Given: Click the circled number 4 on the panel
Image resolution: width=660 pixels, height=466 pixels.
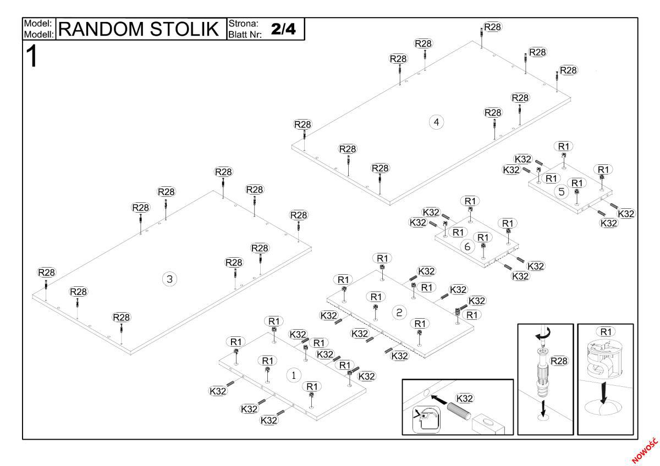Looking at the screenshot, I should click(x=436, y=122).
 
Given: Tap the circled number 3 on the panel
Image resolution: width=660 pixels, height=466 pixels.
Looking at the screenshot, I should click(x=169, y=279).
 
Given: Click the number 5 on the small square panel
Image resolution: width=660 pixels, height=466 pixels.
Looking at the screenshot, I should click(x=561, y=192).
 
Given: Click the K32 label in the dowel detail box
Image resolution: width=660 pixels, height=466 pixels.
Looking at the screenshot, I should click(x=465, y=398).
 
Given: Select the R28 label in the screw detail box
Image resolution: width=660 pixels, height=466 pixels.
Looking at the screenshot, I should click(x=559, y=360).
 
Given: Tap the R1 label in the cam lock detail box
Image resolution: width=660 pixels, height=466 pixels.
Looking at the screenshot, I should click(x=606, y=331).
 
